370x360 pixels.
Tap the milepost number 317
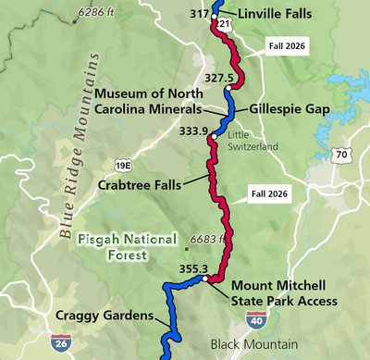pyautogui.click(x=199, y=14)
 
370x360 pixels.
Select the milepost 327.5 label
pyautogui.click(x=219, y=79)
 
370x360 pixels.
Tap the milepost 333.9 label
pyautogui.click(x=193, y=130)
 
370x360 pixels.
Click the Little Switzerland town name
pyautogui.click(x=253, y=141)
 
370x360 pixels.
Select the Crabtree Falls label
pyautogui.click(x=141, y=184)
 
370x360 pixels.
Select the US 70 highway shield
pyautogui.click(x=341, y=155)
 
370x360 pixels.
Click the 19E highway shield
pyautogui.click(x=122, y=164)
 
